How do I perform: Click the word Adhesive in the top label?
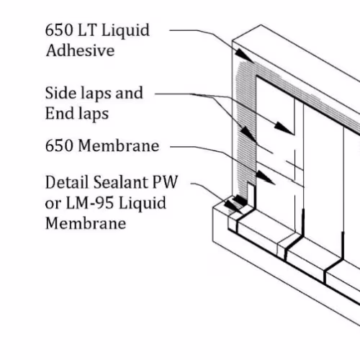80,50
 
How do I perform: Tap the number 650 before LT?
59,30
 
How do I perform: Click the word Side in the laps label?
61,93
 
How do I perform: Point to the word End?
59,113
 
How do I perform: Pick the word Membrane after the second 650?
119,145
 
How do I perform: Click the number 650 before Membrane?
59,145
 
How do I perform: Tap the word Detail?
67,182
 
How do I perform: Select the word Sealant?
120,182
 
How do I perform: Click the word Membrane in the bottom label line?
86,223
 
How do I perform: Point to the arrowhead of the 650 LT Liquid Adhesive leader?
244,55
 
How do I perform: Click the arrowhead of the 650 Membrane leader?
265,177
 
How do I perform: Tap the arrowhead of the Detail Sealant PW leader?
233,207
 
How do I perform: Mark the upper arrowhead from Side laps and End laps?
284,128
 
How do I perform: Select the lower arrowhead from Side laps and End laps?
248,133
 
